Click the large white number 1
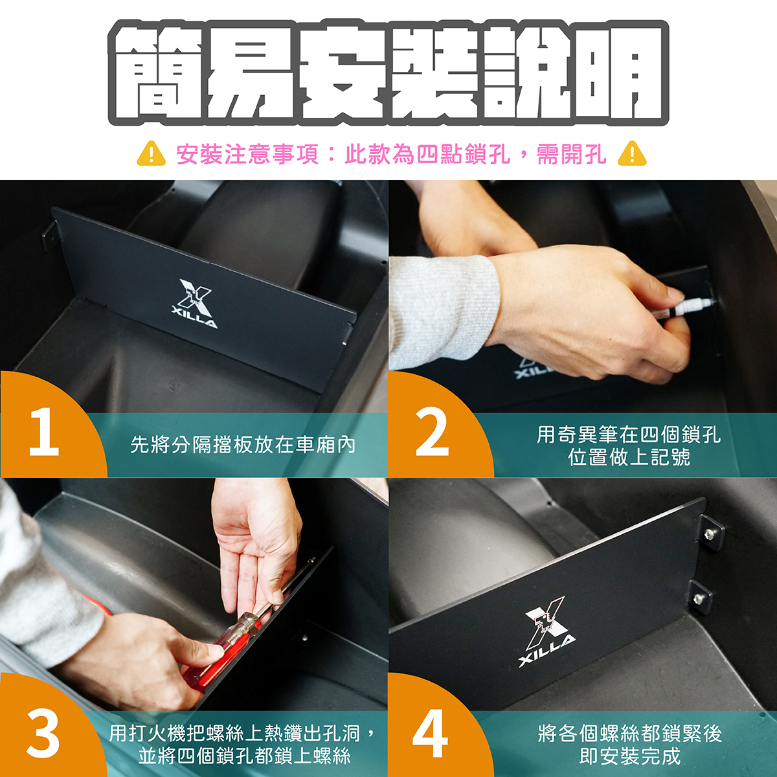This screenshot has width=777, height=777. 45,432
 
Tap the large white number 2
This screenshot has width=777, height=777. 432,432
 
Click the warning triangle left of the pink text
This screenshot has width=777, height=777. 152,153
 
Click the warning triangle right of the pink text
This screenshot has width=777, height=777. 632,153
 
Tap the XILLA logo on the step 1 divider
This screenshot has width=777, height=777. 195,303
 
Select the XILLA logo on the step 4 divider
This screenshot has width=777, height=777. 546,631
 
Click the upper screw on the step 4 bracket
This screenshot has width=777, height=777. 708,535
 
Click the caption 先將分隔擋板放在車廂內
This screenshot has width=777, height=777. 243,445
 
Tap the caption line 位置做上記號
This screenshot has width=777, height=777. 629,457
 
